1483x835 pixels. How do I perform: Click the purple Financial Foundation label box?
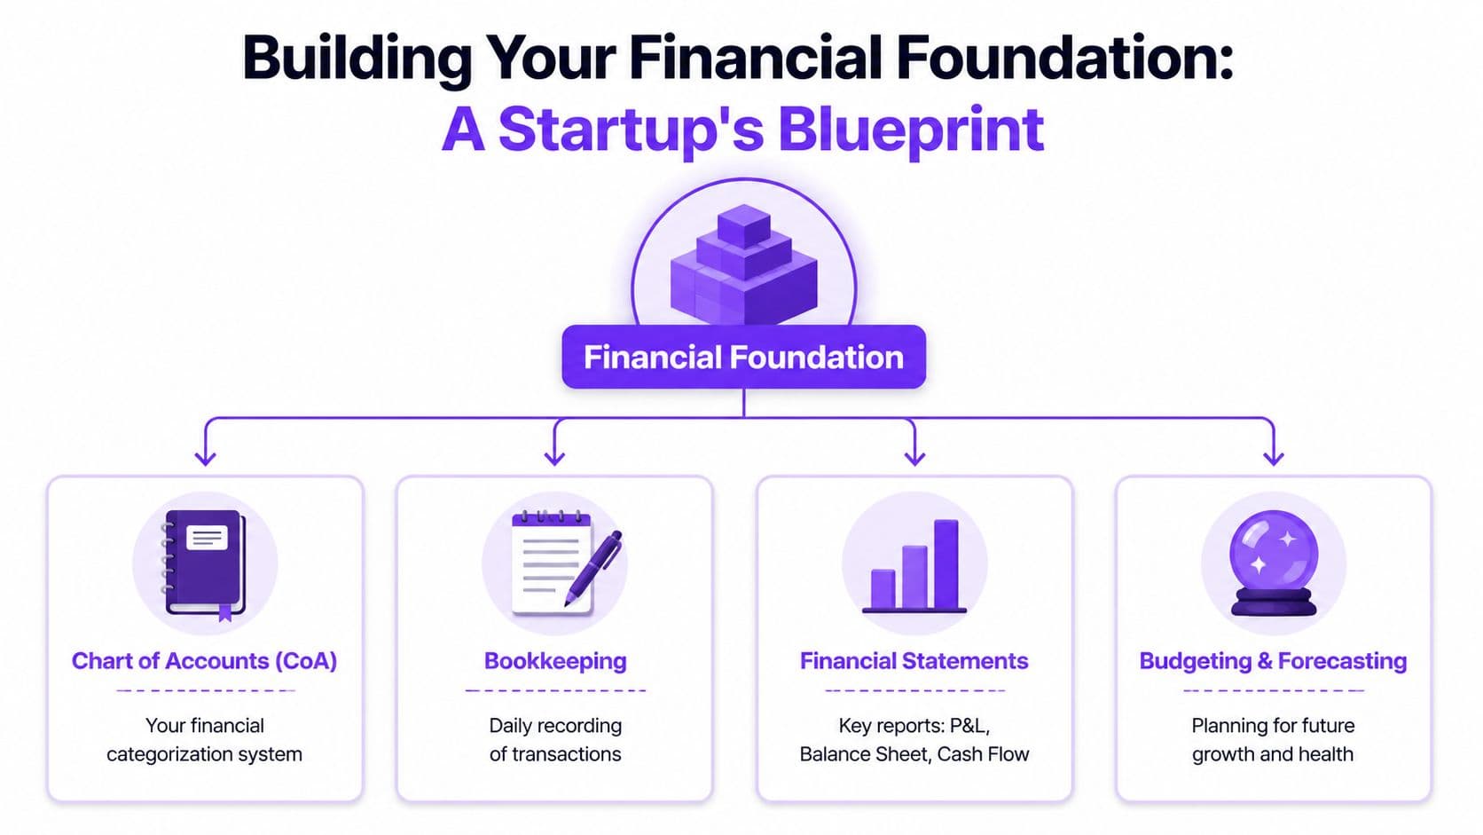pos(743,357)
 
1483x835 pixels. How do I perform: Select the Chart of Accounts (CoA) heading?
pos(204,661)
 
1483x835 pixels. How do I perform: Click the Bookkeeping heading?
pos(555,661)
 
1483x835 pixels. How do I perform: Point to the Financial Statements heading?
pos(914,661)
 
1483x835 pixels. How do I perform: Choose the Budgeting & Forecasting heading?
pos(1273,661)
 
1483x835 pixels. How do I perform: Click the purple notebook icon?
pos(206,563)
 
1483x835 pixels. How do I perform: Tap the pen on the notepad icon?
pos(595,568)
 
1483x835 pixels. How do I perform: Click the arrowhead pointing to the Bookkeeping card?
pos(555,457)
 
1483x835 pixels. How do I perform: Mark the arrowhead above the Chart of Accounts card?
pos(206,457)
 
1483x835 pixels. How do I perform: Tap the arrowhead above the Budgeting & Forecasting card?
pos(1274,457)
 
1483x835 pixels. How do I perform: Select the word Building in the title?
pos(357,58)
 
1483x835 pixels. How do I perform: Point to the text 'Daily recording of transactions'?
pos(555,739)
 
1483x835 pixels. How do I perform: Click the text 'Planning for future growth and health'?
pos(1273,739)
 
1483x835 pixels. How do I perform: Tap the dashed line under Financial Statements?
pos(914,690)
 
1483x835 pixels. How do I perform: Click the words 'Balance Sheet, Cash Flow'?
pos(914,754)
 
